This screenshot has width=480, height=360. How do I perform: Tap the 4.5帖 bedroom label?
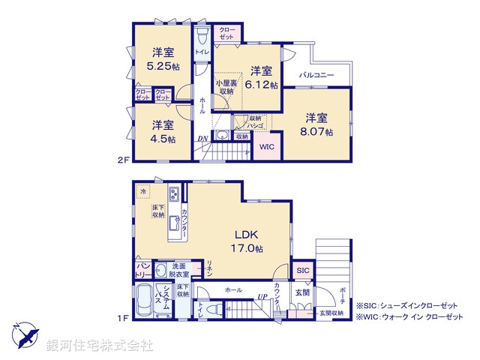(x=162, y=139)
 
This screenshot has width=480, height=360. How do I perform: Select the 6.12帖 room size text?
(x=262, y=85)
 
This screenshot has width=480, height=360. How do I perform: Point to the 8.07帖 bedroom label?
(x=316, y=131)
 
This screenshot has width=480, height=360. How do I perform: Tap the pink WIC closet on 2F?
(x=267, y=147)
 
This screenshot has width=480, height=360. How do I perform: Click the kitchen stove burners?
(x=173, y=195)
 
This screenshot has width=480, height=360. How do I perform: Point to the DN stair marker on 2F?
(x=202, y=139)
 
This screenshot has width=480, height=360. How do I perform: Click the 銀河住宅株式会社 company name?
(x=100, y=346)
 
